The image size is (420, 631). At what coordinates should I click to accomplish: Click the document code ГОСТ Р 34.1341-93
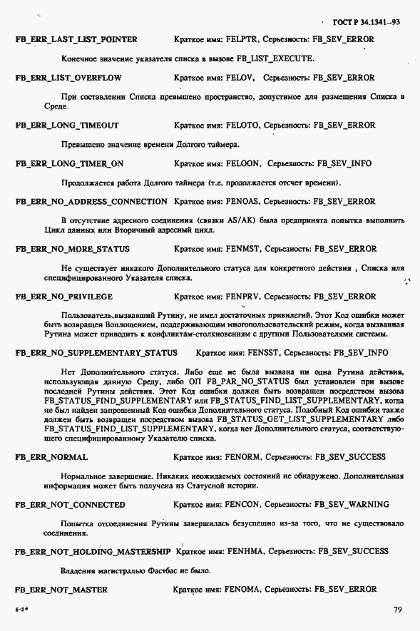pyautogui.click(x=369, y=22)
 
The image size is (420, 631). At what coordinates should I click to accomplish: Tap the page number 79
pyautogui.click(x=397, y=610)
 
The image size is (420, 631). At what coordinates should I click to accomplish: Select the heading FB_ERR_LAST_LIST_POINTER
pyautogui.click(x=76, y=39)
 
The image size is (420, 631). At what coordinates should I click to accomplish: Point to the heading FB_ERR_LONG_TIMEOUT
pyautogui.click(x=67, y=125)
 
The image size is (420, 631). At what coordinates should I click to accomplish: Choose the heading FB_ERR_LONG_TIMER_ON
pyautogui.click(x=69, y=163)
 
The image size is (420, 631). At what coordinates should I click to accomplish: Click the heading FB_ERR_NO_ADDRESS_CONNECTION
pyautogui.click(x=91, y=201)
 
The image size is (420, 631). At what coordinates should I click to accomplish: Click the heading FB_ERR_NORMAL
pyautogui.click(x=51, y=456)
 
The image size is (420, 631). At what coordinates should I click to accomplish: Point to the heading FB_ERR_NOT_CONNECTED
pyautogui.click(x=70, y=504)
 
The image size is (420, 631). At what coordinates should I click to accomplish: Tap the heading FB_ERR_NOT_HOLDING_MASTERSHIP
pyautogui.click(x=93, y=551)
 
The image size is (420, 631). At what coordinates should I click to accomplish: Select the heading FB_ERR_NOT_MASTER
pyautogui.click(x=61, y=589)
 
